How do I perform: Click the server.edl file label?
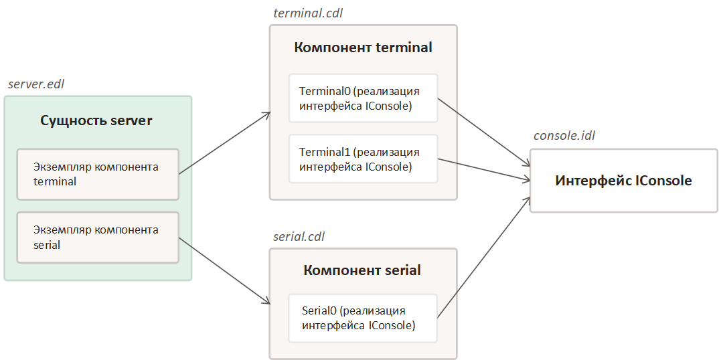[x=36, y=84]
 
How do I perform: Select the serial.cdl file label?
[x=300, y=237]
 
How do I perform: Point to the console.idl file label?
[x=564, y=136]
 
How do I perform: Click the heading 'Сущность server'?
[x=96, y=121]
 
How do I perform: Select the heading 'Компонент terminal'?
[x=363, y=48]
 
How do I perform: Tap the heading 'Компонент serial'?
[x=362, y=270]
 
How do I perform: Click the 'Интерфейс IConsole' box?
[x=623, y=181]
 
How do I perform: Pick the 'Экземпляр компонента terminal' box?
[x=98, y=174]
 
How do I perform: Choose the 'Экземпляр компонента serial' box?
[x=98, y=238]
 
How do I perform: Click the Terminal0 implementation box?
[x=363, y=98]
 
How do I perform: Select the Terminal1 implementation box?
[x=363, y=159]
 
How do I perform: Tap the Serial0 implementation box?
[x=363, y=318]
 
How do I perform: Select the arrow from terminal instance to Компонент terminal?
[x=224, y=143]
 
